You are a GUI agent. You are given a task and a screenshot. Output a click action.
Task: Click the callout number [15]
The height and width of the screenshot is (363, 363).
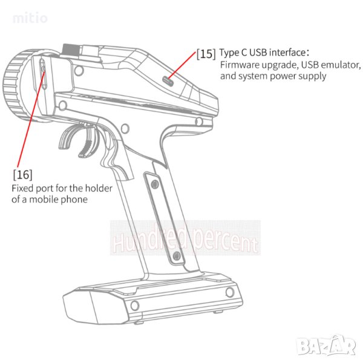click(x=206, y=54)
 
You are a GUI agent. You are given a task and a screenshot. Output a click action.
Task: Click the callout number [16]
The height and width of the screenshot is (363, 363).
click(x=22, y=175)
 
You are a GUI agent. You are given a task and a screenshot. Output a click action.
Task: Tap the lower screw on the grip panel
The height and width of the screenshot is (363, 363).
click(x=176, y=256)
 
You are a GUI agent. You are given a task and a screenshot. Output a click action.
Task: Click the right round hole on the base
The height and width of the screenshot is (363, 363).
click(x=229, y=293)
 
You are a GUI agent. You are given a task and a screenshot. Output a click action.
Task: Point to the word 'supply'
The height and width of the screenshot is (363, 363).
click(x=312, y=76)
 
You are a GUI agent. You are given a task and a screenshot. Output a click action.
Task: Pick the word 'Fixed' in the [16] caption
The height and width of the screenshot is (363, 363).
click(x=24, y=188)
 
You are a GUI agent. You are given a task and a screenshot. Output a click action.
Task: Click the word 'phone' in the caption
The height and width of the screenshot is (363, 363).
click(x=73, y=199)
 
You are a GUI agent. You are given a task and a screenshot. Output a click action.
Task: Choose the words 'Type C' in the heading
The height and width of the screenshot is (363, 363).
click(x=234, y=53)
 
